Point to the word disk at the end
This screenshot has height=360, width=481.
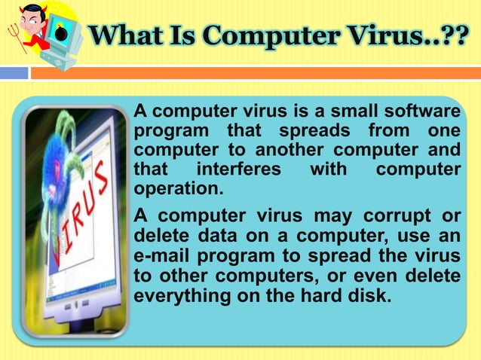(369, 294)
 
